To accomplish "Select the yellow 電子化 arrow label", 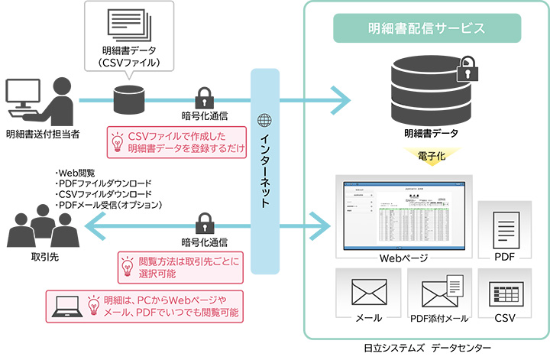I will [427, 156].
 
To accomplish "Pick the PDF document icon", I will [503, 225].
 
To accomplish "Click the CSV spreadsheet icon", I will [503, 292].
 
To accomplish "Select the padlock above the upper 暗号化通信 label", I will [204, 98].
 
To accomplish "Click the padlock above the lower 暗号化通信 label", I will [204, 225].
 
